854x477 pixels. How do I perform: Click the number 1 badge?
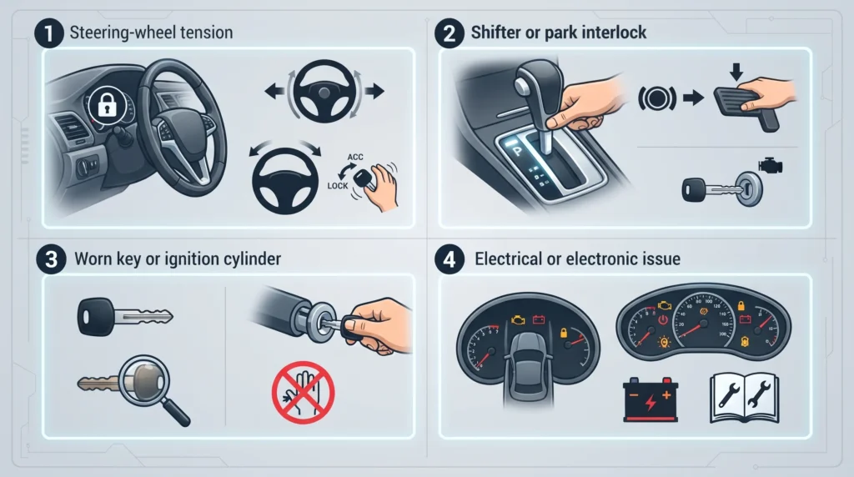point(49,33)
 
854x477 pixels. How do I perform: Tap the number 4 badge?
point(450,259)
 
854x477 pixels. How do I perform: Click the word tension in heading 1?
point(204,33)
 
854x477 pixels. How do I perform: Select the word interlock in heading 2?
point(614,33)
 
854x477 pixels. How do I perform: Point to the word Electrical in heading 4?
point(510,259)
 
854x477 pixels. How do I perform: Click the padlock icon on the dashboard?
point(107,105)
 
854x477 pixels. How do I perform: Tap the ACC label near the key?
point(355,158)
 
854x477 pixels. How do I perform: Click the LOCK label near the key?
point(338,186)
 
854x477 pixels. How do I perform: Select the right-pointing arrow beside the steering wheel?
point(374,91)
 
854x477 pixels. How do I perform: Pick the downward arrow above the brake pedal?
point(736,72)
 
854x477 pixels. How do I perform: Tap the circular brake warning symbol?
point(657,98)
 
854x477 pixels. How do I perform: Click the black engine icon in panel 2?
point(770,165)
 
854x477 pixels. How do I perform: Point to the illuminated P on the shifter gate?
point(515,150)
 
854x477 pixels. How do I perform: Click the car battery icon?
point(651,399)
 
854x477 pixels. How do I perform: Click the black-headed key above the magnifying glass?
point(125,316)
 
